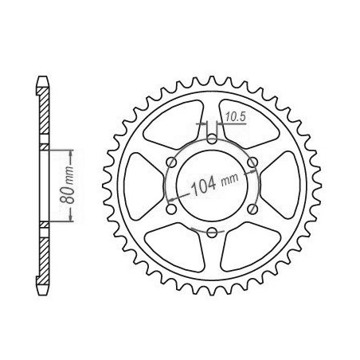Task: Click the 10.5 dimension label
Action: (x=236, y=117)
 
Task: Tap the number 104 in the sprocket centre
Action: (x=203, y=186)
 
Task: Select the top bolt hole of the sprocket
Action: (x=212, y=139)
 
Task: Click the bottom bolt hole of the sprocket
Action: (x=212, y=233)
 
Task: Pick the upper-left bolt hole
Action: (x=171, y=162)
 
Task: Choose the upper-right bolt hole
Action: (x=252, y=162)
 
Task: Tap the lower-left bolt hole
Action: (x=171, y=209)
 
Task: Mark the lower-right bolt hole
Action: (x=252, y=209)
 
